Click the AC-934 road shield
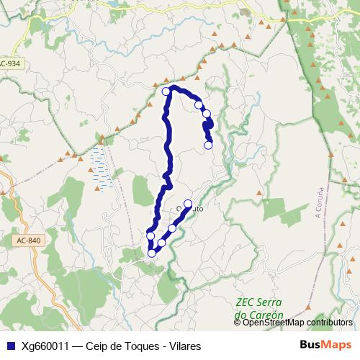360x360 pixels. [11, 63]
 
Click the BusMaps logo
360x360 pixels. [328, 345]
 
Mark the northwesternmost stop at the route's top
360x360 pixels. [166, 91]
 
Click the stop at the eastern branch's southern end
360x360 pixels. [208, 145]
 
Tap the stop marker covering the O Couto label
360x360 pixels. [188, 204]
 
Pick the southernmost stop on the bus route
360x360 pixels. [152, 253]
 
